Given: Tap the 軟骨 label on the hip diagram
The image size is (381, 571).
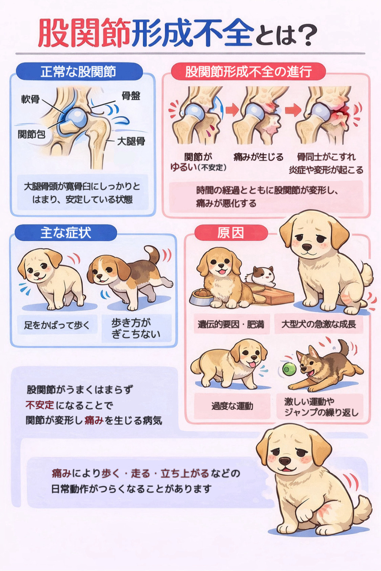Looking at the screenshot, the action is coord(30,99).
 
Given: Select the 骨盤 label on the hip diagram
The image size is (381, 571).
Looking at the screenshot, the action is coord(131,96).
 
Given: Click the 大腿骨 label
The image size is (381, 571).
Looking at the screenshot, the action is coord(131,141).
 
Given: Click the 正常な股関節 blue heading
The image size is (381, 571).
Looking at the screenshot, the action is coord(79,72).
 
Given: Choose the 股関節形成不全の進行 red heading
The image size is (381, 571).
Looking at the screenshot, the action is coord(248,71).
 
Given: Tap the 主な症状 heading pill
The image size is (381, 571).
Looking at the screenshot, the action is coord(66,233).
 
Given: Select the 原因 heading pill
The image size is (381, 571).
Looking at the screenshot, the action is coord(231,233).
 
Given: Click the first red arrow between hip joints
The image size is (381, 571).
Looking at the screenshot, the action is coord(232,110).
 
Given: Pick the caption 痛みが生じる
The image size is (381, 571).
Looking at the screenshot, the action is coord(258,157).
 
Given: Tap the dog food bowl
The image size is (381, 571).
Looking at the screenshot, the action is coord(201,297).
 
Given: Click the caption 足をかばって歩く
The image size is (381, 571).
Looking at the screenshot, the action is coord(57,325).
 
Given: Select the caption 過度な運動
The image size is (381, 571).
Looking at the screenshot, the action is coord(232,406).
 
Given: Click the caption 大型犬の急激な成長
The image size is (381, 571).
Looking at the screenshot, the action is coord(319,324).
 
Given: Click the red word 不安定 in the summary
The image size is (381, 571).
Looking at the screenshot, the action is coord(40,405).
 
